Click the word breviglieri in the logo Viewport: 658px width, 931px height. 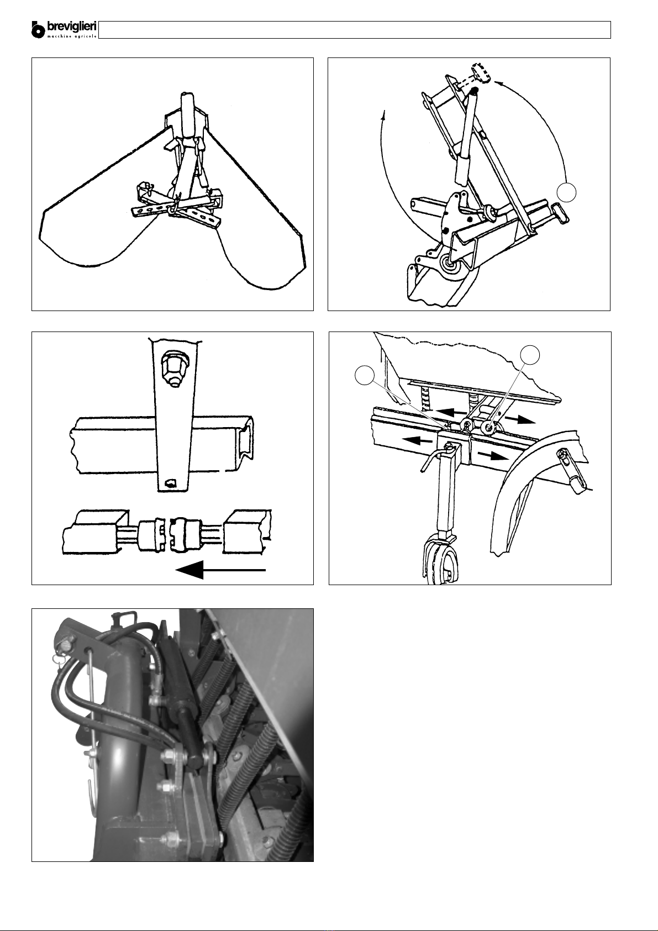pyautogui.click(x=72, y=28)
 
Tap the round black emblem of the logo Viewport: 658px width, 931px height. pyautogui.click(x=38, y=31)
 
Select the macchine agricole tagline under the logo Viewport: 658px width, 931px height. pyautogui.click(x=72, y=36)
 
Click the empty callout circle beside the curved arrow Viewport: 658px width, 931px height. pyautogui.click(x=566, y=192)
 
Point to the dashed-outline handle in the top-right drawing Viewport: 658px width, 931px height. pyautogui.click(x=481, y=73)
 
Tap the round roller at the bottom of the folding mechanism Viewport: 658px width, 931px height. pyautogui.click(x=451, y=265)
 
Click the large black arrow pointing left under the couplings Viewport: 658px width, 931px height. pyautogui.click(x=221, y=570)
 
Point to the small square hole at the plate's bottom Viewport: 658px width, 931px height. pyautogui.click(x=170, y=483)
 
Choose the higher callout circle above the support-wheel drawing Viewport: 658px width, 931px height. pyautogui.click(x=530, y=355)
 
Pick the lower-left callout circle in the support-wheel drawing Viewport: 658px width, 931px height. pyautogui.click(x=364, y=376)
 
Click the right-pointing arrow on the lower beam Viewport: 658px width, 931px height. pyautogui.click(x=493, y=455)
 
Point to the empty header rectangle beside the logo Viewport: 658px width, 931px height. pyautogui.click(x=355, y=30)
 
